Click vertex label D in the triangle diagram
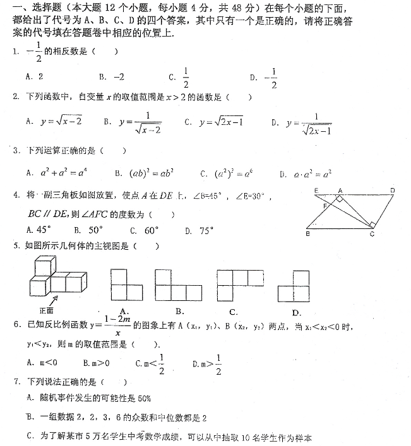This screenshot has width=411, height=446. (392, 189)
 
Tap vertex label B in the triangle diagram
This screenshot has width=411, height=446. (307, 234)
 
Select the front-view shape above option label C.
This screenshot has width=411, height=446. (234, 285)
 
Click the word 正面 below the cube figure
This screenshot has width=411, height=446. (47, 310)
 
